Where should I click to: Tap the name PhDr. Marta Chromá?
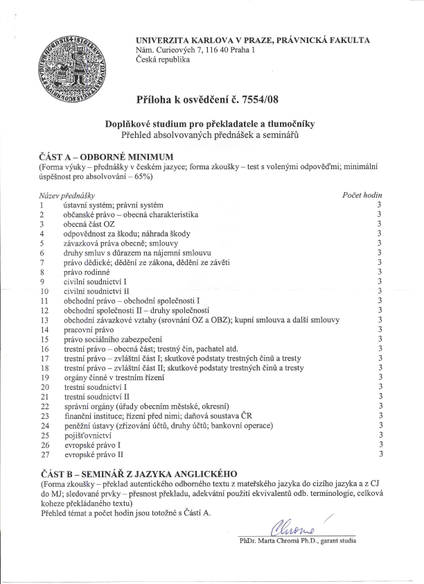pyautogui.click(x=276, y=539)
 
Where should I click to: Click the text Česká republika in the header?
pyautogui.click(x=164, y=60)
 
